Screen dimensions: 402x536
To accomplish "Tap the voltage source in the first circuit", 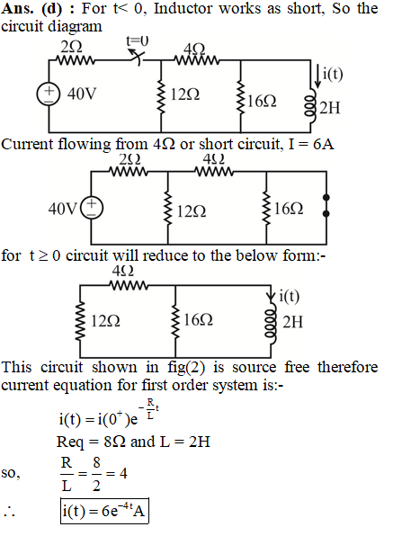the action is pos(49,94).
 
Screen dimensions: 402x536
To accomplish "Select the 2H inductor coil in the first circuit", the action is pos(311,107).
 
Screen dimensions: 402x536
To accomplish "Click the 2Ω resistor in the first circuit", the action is pos(76,61).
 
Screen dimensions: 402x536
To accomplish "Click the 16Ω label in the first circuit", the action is pos(262,101).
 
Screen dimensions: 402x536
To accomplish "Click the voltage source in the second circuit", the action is pos(91,208).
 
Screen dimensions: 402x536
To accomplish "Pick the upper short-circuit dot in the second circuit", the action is pos(326,198).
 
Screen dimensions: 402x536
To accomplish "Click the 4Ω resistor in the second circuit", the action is pos(214,171).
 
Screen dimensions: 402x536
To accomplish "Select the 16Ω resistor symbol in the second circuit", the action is pos(266,209).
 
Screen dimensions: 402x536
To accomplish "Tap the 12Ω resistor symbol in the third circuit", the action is pos(80,320).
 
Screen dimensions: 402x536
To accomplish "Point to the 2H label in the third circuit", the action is pos(292,322).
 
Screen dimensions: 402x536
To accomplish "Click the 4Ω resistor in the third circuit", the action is pos(129,285).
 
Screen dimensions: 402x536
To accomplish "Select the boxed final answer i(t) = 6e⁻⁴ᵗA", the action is pos(104,511).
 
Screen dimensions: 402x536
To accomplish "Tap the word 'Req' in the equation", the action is pos(70,442).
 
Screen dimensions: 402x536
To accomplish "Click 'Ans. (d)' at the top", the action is pos(31,8).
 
